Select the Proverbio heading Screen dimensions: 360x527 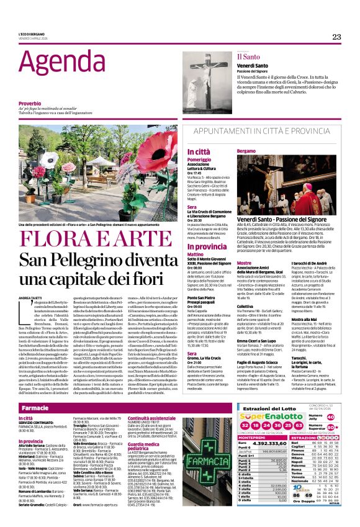[x=30, y=103]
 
